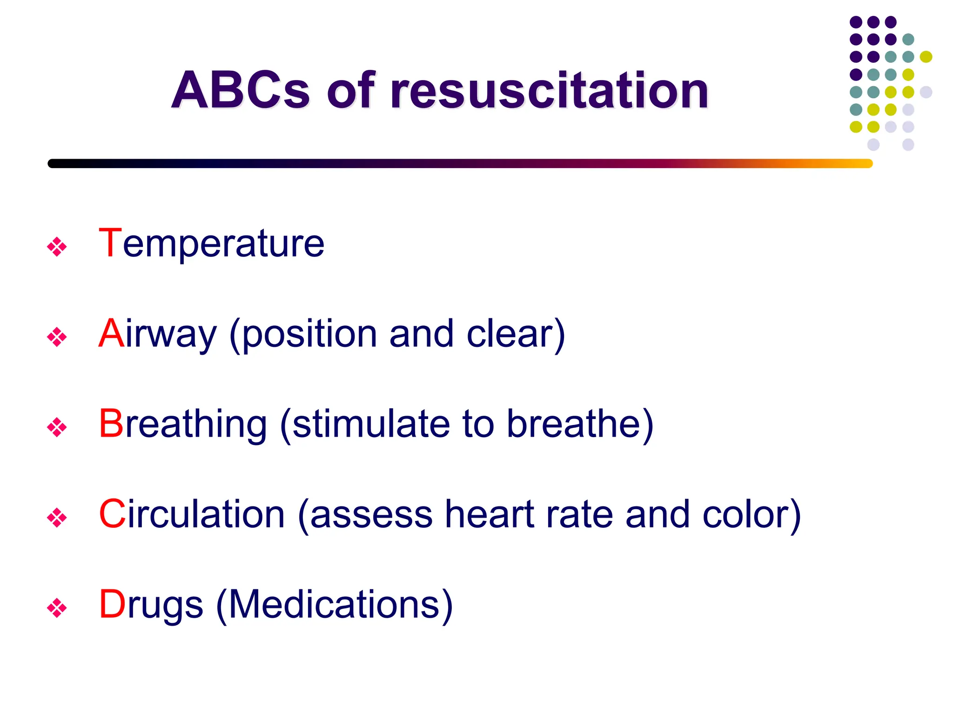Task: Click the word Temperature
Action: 212,244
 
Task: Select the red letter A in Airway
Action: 111,333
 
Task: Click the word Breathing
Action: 183,425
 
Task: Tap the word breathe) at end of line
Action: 580,424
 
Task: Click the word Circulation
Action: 192,514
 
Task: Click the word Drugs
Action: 151,605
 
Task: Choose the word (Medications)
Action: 335,605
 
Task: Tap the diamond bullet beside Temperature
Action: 57,247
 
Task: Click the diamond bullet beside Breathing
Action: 57,427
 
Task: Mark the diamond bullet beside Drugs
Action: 57,608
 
